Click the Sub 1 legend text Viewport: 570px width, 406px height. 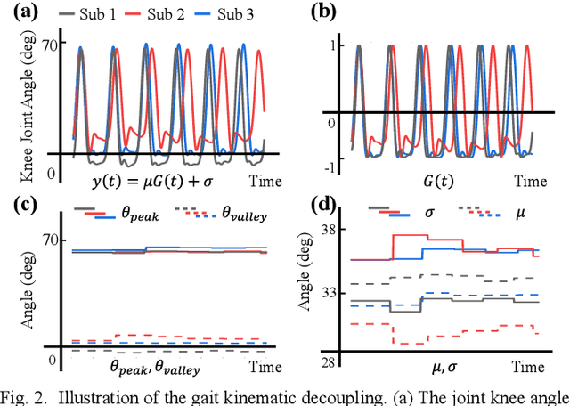coord(117,14)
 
